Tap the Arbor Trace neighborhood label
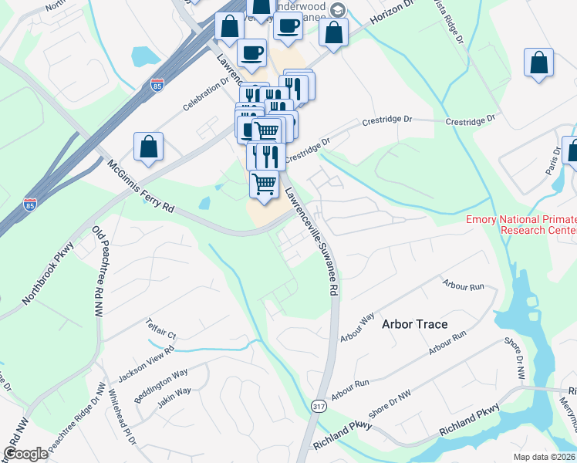[x=414, y=324]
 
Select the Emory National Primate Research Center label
[x=521, y=225]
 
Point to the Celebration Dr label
[x=206, y=93]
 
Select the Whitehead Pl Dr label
[x=123, y=416]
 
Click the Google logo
[x=25, y=454]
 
